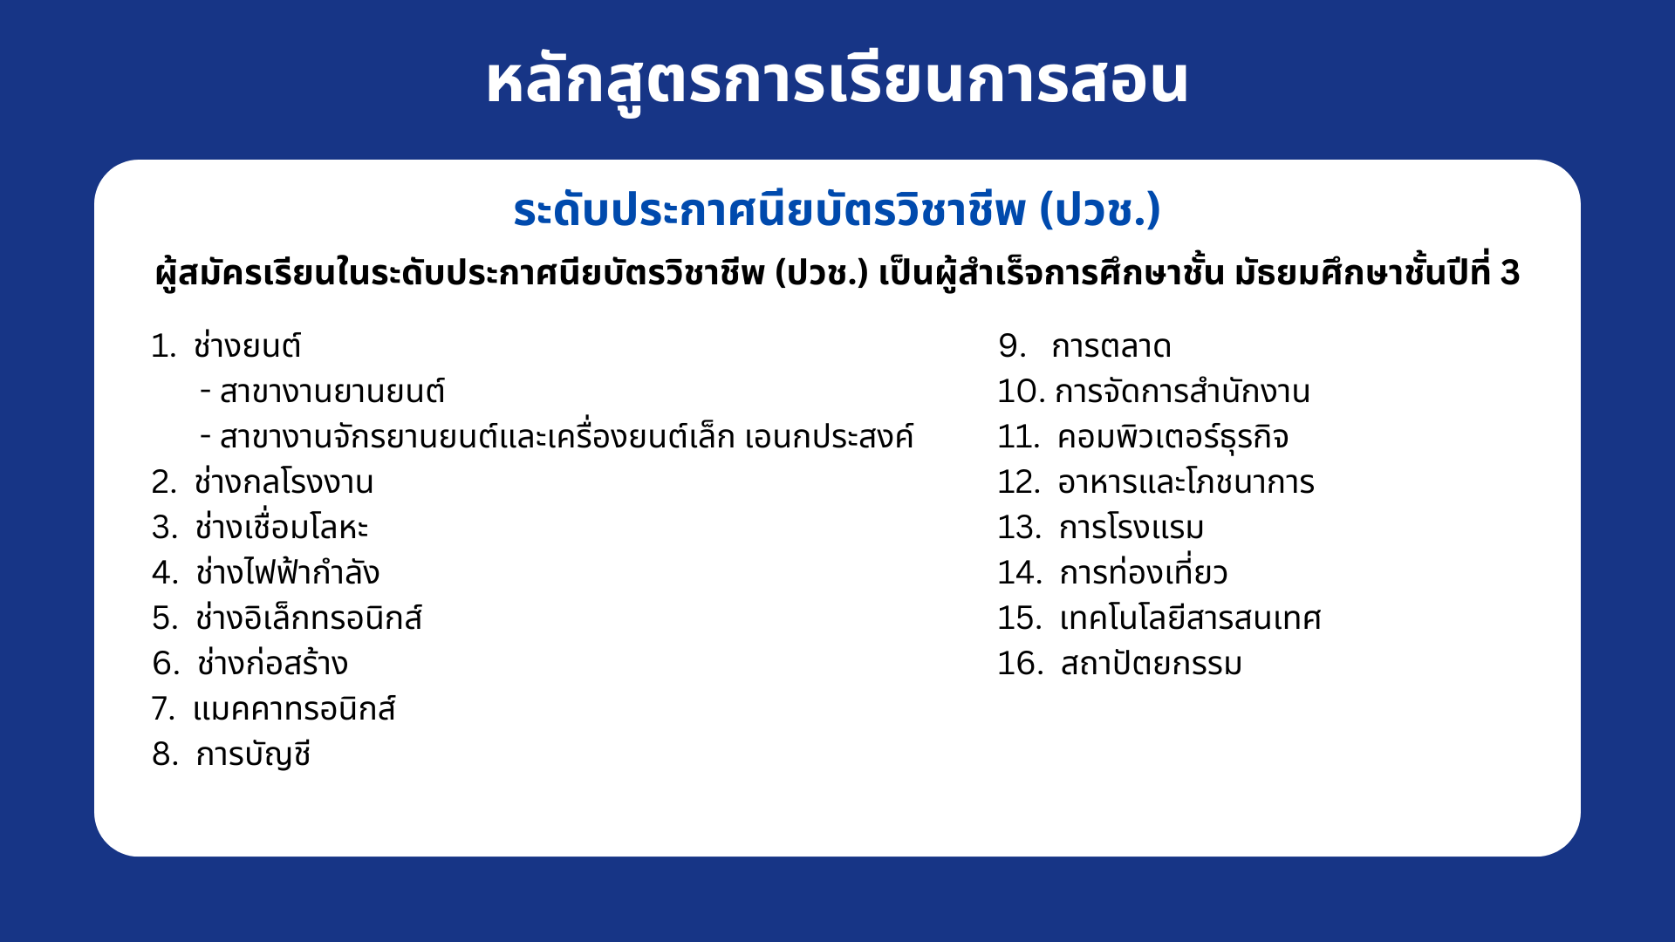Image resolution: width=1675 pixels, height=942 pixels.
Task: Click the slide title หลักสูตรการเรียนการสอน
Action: click(x=837, y=81)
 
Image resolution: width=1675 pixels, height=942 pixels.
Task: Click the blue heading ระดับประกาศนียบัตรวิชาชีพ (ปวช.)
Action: click(x=837, y=210)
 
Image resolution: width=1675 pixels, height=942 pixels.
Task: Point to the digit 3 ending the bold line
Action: click(x=1510, y=273)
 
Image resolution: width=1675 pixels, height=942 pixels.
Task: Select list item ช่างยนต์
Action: click(x=248, y=345)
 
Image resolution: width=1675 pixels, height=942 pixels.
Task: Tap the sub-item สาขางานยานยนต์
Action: click(x=332, y=392)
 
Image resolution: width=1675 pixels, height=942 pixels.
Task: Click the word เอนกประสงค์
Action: click(x=829, y=436)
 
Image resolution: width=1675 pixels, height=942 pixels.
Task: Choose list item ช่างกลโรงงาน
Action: click(x=284, y=481)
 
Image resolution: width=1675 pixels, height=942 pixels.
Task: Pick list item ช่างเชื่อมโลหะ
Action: click(x=281, y=527)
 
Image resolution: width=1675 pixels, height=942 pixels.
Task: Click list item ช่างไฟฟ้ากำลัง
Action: click(x=287, y=572)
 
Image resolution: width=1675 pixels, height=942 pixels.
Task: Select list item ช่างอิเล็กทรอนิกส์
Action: click(x=309, y=618)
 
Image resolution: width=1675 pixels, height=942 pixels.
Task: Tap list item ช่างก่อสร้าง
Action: click(x=272, y=663)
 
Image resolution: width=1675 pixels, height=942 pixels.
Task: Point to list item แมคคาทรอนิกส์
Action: click(x=294, y=708)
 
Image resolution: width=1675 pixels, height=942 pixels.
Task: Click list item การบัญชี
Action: click(x=253, y=754)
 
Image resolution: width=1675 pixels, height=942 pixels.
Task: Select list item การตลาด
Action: click(x=1111, y=346)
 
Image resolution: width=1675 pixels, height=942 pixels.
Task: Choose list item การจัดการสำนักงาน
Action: click(x=1182, y=392)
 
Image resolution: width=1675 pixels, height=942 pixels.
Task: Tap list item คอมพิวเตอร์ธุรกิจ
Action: click(x=1172, y=437)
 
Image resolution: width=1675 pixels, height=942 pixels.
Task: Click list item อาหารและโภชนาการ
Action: click(x=1186, y=481)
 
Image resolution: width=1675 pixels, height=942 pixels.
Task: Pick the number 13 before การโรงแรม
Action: click(x=1018, y=528)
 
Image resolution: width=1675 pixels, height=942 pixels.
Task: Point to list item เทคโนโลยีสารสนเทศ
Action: click(x=1190, y=618)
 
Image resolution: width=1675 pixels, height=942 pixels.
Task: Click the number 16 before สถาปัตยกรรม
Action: click(x=1019, y=664)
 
